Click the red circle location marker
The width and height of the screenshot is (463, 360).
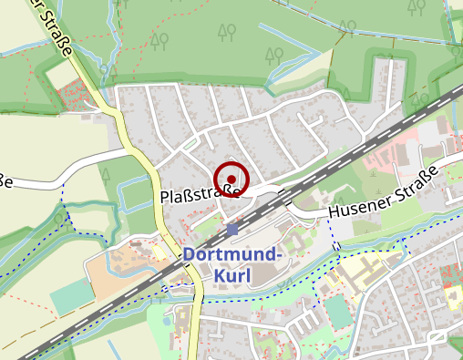coord(231,179)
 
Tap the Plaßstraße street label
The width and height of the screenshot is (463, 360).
coord(199,195)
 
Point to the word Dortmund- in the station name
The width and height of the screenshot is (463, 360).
coord(229,255)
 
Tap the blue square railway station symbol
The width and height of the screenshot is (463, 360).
coord(232,229)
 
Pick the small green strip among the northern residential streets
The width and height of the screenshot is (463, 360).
coord(189,144)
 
